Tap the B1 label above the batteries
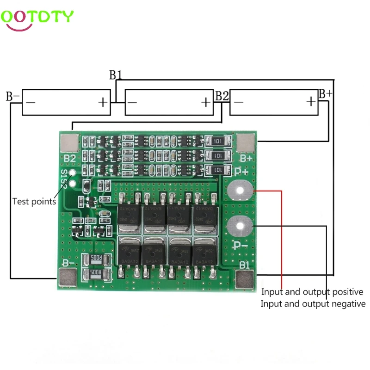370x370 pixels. [x=115, y=75]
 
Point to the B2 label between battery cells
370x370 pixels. [x=222, y=96]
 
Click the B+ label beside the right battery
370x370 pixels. [x=325, y=94]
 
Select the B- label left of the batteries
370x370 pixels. [x=12, y=97]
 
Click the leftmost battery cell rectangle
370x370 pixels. [x=67, y=102]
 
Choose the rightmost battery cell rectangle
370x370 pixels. [x=274, y=102]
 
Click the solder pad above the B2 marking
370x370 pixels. [x=70, y=142]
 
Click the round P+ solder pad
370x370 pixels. [x=240, y=190]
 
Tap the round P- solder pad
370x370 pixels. [x=240, y=227]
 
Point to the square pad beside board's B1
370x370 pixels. [x=245, y=279]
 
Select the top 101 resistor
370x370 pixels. [x=219, y=141]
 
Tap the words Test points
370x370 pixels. [x=34, y=201]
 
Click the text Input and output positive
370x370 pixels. [x=312, y=292]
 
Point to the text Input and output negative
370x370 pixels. [x=313, y=304]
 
